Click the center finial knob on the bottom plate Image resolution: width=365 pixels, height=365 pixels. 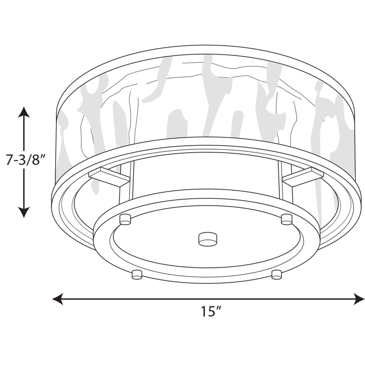[207, 239]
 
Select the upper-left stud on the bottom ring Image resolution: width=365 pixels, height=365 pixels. [125, 219]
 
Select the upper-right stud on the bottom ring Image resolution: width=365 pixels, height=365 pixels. [287, 219]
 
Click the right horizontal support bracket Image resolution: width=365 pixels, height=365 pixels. [303, 176]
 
